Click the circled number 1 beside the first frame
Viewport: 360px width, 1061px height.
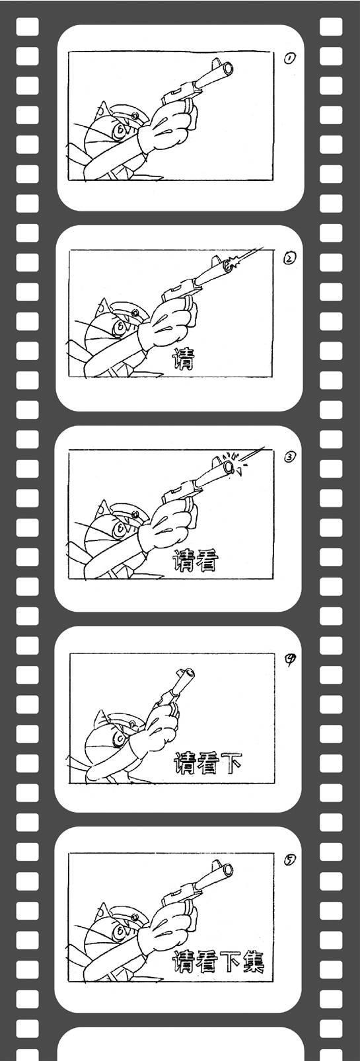[x=289, y=58]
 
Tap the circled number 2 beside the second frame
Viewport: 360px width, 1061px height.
[x=289, y=258]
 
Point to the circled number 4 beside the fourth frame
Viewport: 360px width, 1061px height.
[x=290, y=659]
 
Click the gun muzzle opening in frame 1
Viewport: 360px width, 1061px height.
[x=229, y=69]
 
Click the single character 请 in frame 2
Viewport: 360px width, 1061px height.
[x=183, y=358]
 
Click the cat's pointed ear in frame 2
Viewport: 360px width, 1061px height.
[x=103, y=307]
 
